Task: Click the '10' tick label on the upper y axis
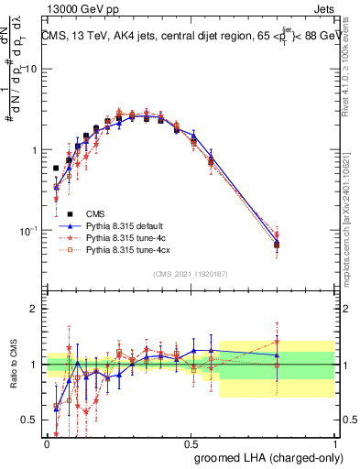point(30,70)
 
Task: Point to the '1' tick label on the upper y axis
point(34,150)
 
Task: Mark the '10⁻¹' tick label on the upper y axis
point(28,230)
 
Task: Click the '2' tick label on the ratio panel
point(34,309)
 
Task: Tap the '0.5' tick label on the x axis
point(191,443)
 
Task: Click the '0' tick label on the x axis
point(47,443)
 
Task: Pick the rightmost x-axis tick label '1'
point(335,443)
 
